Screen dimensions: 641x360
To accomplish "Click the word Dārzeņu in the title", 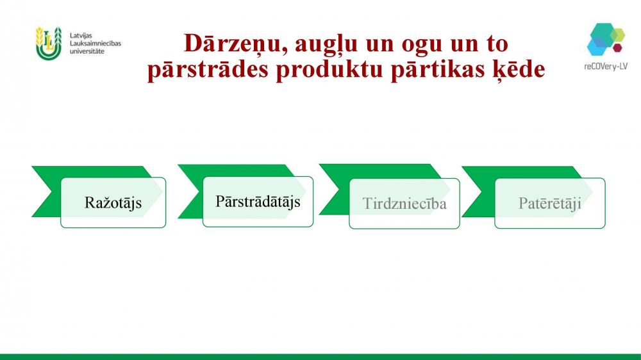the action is tap(233, 44).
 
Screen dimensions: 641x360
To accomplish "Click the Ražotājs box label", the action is tap(113, 202).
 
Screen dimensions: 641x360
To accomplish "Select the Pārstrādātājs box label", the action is tap(258, 201).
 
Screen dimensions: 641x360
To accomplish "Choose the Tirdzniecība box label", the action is tap(404, 204).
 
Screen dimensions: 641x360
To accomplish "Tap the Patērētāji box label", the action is tap(550, 203).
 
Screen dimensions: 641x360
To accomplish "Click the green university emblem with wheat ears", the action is tap(49, 44).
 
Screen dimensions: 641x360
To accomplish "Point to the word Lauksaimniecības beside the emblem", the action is tap(96, 44).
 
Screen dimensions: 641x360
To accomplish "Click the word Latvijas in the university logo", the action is tap(81, 36).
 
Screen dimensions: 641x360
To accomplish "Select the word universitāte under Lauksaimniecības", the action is tap(87, 51).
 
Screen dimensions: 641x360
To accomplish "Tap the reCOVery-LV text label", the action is tap(606, 67).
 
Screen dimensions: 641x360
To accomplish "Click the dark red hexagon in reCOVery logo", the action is tap(618, 48).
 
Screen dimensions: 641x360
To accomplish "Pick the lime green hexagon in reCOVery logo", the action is tap(618, 35).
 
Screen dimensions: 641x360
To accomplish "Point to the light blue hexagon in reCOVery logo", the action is tap(595, 47).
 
